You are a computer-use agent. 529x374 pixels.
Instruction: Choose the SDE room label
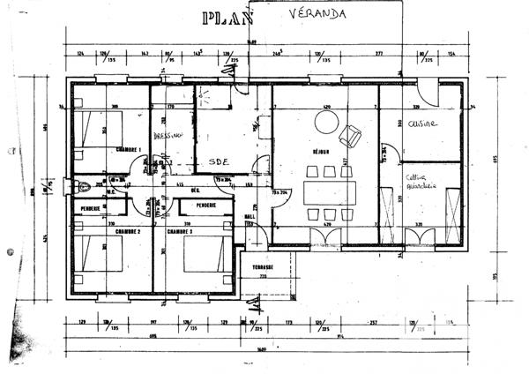point(209,162)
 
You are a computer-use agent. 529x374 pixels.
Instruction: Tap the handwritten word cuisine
point(423,124)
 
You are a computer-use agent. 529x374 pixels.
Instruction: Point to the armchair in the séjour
point(353,136)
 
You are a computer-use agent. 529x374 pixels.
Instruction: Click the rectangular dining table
point(327,191)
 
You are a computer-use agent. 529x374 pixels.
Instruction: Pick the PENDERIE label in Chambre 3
point(207,206)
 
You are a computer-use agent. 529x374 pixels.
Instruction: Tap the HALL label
point(250,215)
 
